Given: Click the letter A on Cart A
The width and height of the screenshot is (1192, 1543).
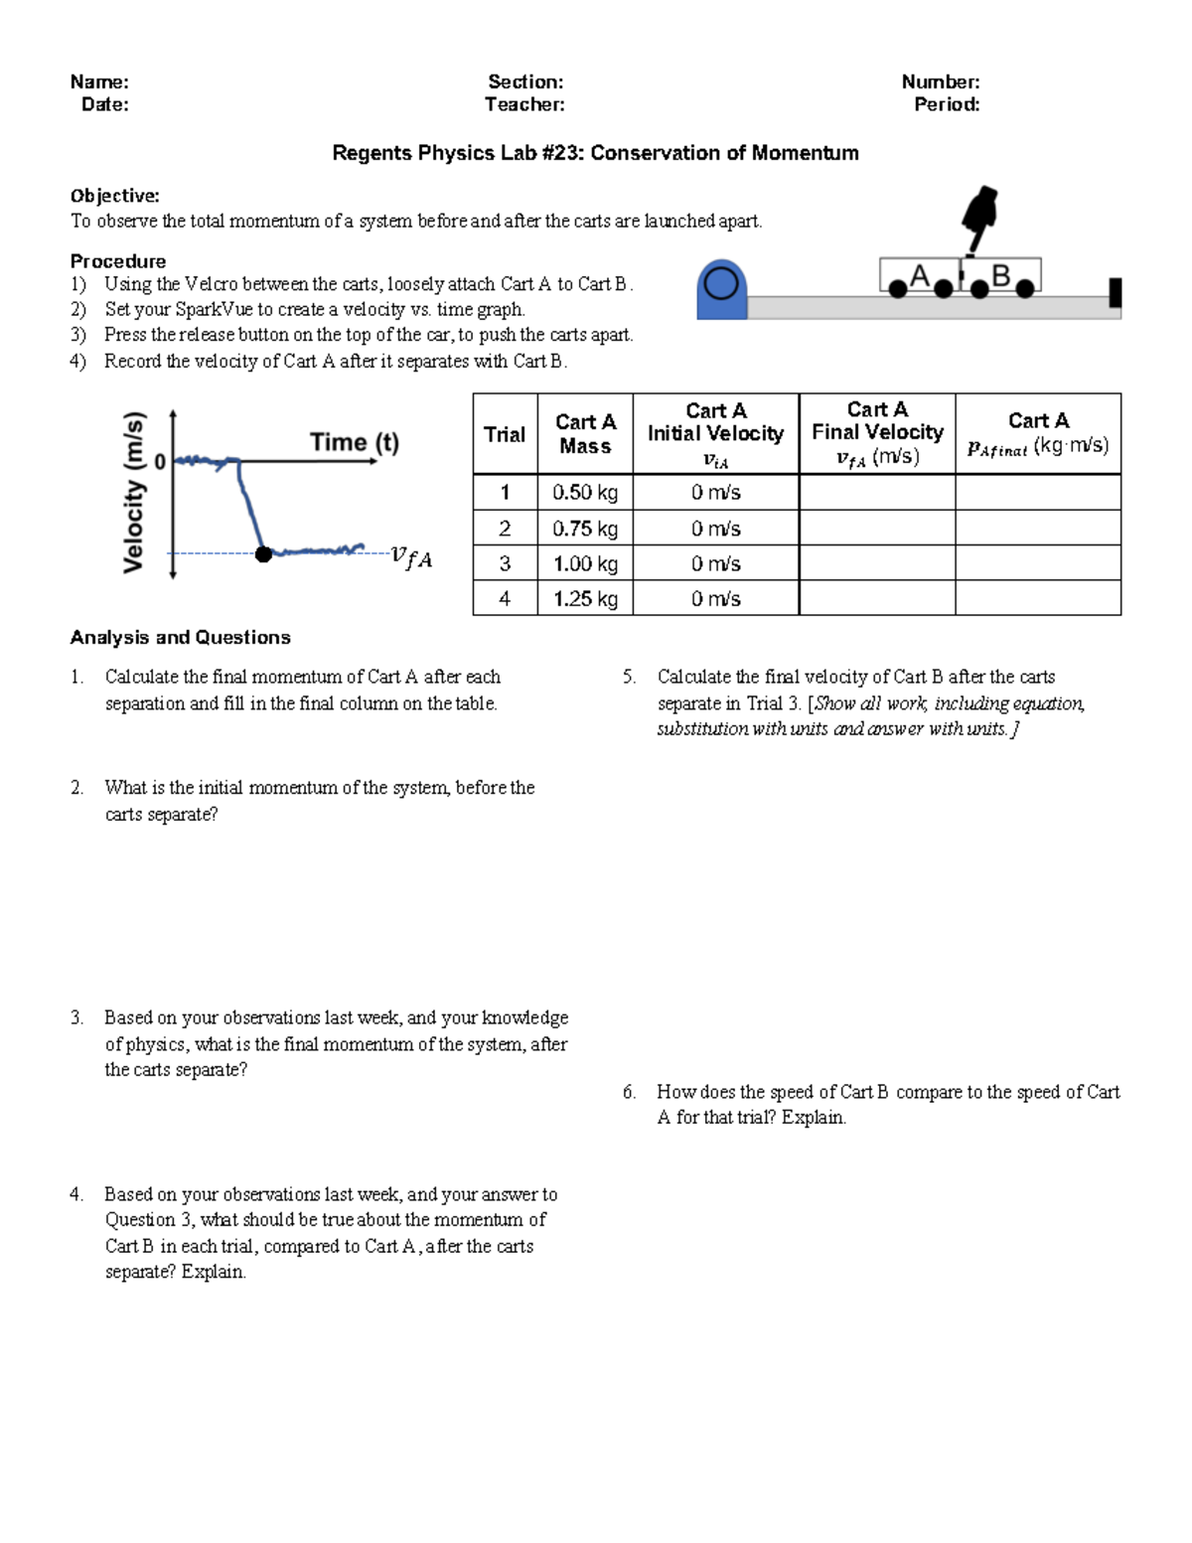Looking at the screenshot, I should tap(920, 275).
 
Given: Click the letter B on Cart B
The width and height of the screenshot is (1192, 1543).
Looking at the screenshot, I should tap(1000, 275).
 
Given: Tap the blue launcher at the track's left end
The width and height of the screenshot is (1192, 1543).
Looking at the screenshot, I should tap(721, 289).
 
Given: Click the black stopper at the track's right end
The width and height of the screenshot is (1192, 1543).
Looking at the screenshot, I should tap(1116, 292).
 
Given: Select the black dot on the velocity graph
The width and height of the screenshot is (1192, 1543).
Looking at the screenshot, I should tap(263, 554).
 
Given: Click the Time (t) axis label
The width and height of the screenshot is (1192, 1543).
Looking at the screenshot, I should tap(354, 442).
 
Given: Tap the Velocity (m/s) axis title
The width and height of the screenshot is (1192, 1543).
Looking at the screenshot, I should tap(134, 493).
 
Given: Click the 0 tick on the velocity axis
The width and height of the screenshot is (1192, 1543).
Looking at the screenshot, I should tap(160, 462).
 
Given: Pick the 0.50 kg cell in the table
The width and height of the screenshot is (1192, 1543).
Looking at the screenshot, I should tap(585, 493).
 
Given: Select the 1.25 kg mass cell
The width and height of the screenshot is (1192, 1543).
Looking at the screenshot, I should tap(585, 599).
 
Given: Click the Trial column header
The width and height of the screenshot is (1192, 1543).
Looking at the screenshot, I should tap(505, 434).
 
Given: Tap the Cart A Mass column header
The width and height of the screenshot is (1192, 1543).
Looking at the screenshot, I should tap(585, 434).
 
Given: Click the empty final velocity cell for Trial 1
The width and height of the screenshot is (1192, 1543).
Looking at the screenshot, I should tap(877, 493).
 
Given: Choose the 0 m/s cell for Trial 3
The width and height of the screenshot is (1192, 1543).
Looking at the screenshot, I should tap(715, 564).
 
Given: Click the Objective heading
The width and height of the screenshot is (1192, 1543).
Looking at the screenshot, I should tap(114, 196).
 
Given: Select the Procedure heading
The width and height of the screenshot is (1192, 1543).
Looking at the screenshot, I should tap(118, 261).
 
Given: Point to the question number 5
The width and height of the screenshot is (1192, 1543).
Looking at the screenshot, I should tap(629, 678).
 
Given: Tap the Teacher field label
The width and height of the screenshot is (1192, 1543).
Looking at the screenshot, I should tap(524, 104).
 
